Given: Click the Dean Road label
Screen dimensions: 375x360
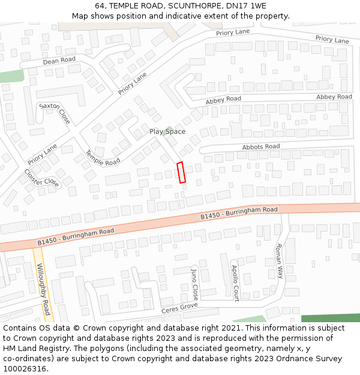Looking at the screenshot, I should point(59,60).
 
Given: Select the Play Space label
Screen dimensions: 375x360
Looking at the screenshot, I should point(167,131).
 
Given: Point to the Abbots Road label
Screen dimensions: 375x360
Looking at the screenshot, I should point(261,147).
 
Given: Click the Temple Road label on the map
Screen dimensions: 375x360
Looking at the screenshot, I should point(103,158).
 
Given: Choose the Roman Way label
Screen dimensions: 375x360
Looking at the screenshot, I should point(278,261).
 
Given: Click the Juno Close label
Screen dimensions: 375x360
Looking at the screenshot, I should point(194,284).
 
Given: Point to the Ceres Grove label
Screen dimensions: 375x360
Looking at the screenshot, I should point(179,308).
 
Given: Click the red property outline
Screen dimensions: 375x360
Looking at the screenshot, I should point(182,172).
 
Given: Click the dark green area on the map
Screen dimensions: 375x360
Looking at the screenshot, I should point(330,318).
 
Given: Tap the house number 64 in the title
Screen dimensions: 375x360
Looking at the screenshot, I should point(100,6).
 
